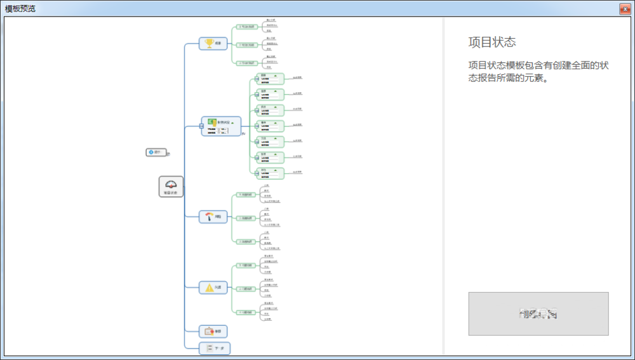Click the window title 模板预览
tap(21, 8)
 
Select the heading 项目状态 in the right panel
tap(492, 43)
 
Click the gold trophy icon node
tap(209, 44)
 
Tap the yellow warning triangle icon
tap(209, 288)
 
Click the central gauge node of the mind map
tap(171, 187)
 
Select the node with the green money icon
tap(220, 126)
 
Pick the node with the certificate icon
tap(212, 331)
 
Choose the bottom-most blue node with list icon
tap(215, 348)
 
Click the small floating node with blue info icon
tap(156, 152)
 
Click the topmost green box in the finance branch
tap(270, 79)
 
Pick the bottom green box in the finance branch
tap(270, 173)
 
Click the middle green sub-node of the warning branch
tap(246, 289)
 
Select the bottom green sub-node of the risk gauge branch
tap(246, 242)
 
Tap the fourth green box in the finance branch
tap(270, 126)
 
